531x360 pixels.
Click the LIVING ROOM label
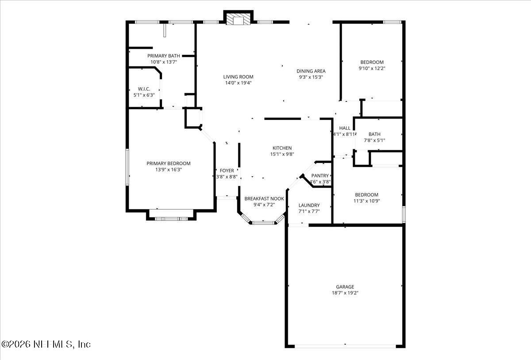click(x=238, y=77)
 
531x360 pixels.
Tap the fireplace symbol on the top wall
click(x=239, y=19)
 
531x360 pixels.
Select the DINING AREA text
click(x=311, y=71)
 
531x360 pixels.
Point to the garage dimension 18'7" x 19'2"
click(x=345, y=293)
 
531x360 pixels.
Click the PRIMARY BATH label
click(x=163, y=56)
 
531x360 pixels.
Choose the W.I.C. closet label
click(x=144, y=89)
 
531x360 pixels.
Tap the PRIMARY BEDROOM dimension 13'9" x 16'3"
click(x=168, y=169)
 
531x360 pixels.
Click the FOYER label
click(x=227, y=170)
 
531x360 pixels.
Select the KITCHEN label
click(x=282, y=148)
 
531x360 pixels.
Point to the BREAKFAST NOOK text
click(x=264, y=199)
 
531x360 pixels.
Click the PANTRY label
click(x=320, y=176)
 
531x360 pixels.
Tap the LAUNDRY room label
click(x=309, y=205)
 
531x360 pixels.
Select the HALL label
click(x=344, y=128)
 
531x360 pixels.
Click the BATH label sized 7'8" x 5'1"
click(x=374, y=134)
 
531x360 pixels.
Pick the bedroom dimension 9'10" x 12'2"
click(x=372, y=68)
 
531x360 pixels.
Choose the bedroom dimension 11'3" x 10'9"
click(x=366, y=201)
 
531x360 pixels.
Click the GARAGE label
click(x=345, y=287)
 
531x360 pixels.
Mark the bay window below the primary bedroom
click(x=171, y=218)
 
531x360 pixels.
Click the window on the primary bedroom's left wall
click(x=127, y=167)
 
